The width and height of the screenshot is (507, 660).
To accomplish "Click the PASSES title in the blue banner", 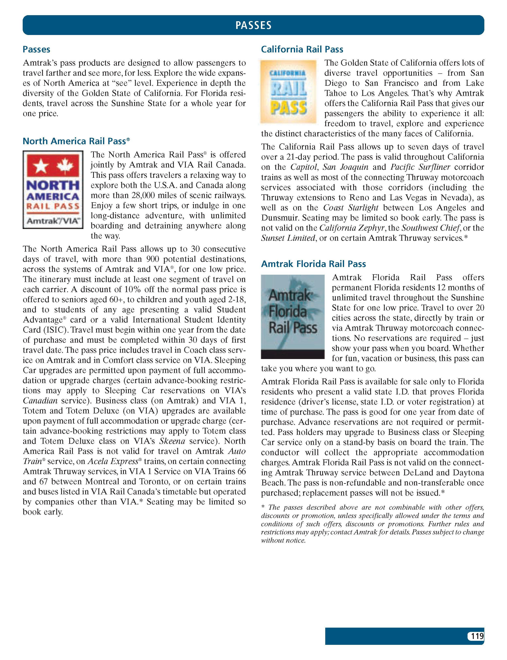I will [x=253, y=25].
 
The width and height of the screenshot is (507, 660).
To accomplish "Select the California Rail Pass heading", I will [x=302, y=49].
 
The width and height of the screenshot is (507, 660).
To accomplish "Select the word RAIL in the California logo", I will [x=288, y=90].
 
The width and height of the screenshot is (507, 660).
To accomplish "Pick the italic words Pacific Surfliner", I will [x=420, y=167].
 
